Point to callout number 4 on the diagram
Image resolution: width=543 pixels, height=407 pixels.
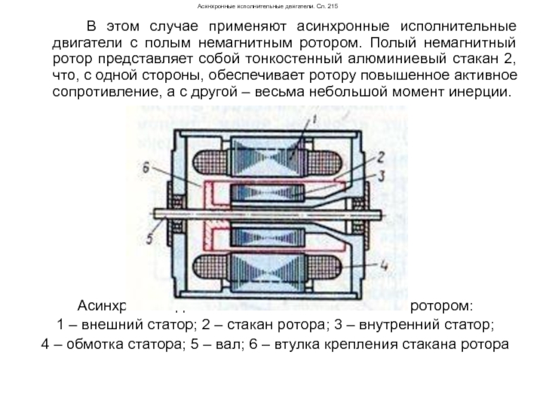(384, 265)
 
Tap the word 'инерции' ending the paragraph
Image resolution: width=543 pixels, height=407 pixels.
(483, 91)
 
